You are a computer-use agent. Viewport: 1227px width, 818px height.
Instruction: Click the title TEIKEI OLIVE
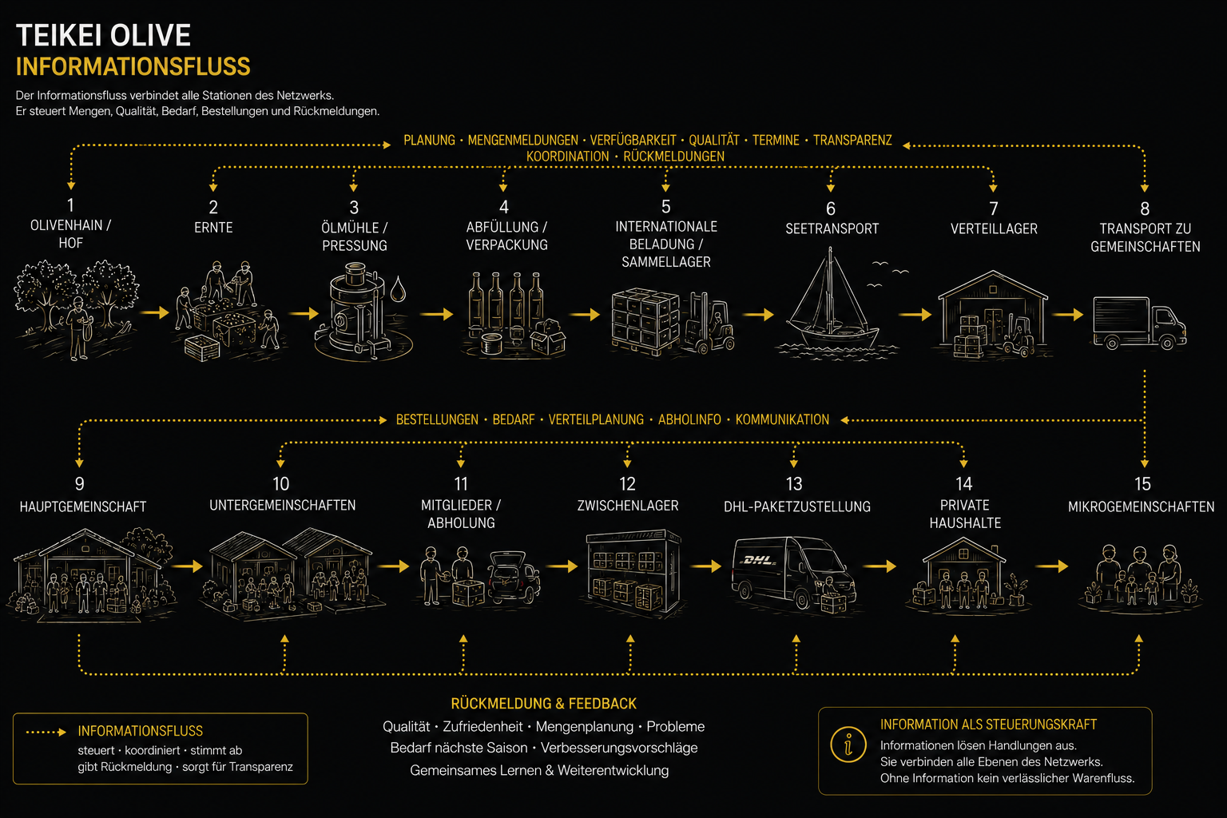(103, 36)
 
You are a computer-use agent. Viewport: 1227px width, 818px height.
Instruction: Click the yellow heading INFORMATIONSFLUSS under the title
(133, 67)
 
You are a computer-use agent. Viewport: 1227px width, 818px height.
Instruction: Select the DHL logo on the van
(759, 560)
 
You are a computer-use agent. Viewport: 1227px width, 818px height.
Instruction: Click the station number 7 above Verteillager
(994, 208)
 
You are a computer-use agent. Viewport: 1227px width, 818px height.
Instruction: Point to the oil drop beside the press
(399, 288)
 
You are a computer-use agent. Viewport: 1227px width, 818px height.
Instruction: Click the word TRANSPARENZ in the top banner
(852, 141)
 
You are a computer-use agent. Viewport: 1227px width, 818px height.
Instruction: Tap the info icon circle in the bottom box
(848, 745)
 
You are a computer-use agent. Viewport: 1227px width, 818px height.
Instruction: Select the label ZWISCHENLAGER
(628, 506)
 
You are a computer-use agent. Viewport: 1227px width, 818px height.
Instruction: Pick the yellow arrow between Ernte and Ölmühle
(304, 313)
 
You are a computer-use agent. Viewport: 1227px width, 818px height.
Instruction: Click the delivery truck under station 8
(1140, 323)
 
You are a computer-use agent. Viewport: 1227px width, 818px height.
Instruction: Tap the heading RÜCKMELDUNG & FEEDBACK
(543, 704)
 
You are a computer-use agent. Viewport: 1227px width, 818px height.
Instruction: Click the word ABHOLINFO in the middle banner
(689, 419)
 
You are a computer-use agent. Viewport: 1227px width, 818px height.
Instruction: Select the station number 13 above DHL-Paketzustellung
(794, 484)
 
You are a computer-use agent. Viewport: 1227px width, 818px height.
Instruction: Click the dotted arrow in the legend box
(46, 732)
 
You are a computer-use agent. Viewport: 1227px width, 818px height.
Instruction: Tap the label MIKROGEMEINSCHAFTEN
(1141, 506)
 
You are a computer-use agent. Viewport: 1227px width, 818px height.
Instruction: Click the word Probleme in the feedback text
(675, 726)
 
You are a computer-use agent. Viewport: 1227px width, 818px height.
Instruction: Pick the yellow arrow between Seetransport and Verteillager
(915, 315)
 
